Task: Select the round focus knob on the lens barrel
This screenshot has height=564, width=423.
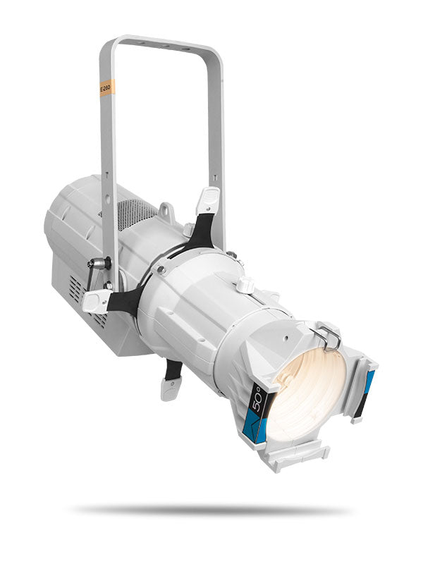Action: [245, 285]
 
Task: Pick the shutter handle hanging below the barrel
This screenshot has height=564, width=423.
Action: [170, 387]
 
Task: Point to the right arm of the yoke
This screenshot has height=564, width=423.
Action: [216, 127]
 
